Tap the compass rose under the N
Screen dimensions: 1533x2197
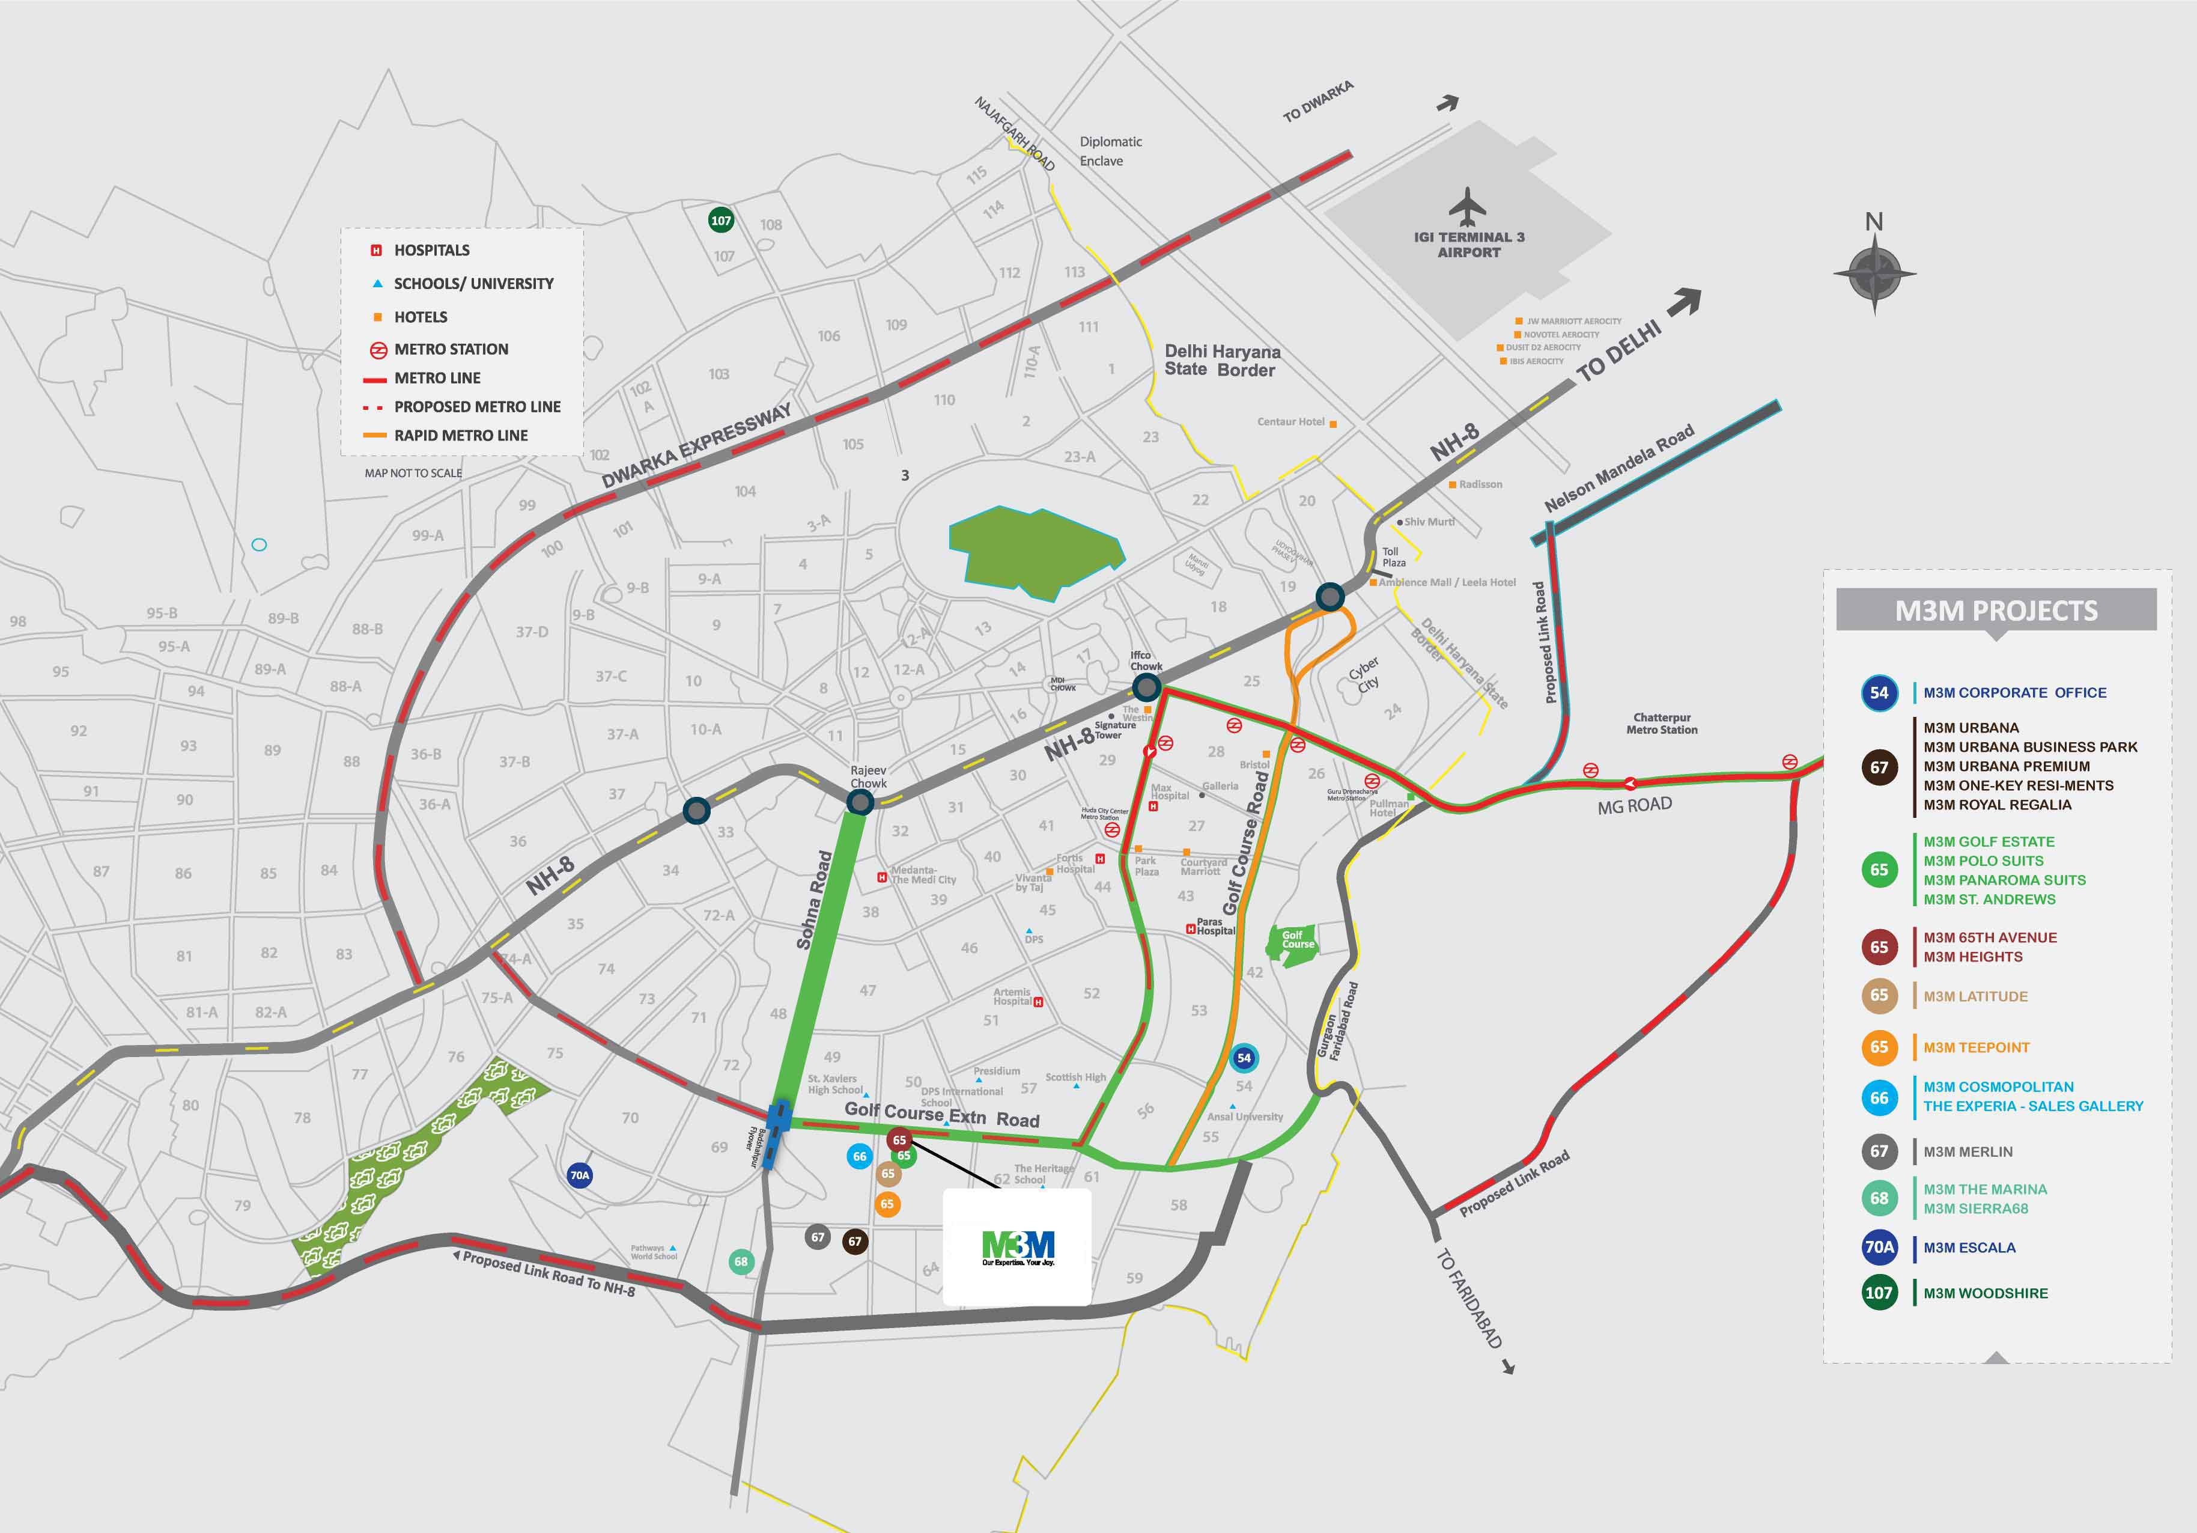pyautogui.click(x=1874, y=273)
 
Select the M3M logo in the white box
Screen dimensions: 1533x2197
pyautogui.click(x=1018, y=1246)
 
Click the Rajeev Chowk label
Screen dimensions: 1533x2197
pyautogui.click(x=868, y=776)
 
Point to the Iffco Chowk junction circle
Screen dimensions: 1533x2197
pyautogui.click(x=1146, y=686)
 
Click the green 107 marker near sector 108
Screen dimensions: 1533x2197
pyautogui.click(x=720, y=220)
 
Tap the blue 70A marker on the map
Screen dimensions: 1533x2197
pyautogui.click(x=580, y=1175)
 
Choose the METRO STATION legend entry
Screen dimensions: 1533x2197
pyautogui.click(x=451, y=349)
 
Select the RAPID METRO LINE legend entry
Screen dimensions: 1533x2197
pyautogui.click(x=460, y=436)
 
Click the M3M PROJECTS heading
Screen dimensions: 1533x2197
pyautogui.click(x=1996, y=611)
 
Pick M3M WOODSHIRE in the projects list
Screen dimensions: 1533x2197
pyautogui.click(x=1986, y=1293)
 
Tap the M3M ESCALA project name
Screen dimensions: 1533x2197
pyautogui.click(x=1969, y=1248)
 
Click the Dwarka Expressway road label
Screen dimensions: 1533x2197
pyautogui.click(x=697, y=446)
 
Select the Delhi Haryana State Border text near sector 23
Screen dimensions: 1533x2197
pyautogui.click(x=1221, y=361)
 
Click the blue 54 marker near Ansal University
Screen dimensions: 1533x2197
pyautogui.click(x=1243, y=1058)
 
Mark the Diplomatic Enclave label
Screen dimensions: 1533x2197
pyautogui.click(x=1110, y=151)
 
